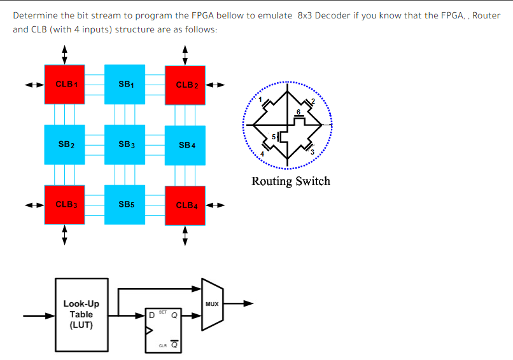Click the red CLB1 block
tap(64, 84)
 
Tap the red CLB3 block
tap(64, 205)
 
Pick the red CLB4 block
tap(185, 205)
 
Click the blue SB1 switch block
tap(125, 84)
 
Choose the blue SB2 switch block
tap(65, 145)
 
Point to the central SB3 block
tap(125, 145)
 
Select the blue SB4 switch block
tap(185, 145)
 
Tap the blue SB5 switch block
tap(125, 205)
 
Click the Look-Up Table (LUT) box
tap(81, 314)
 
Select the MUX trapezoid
tap(211, 304)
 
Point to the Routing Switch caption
tap(291, 181)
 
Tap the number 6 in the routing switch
tap(298, 112)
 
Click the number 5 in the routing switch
tap(273, 137)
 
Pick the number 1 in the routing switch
tap(260, 99)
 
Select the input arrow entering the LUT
tap(38, 315)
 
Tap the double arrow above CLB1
tap(64, 54)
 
